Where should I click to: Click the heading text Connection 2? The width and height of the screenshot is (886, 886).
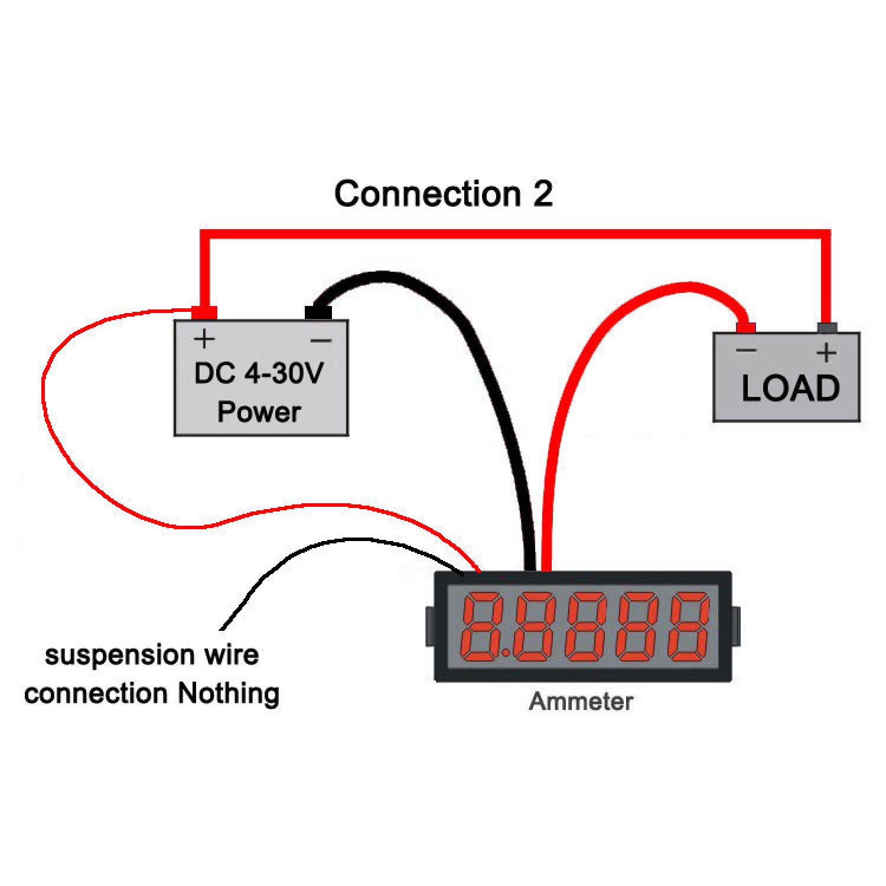pos(443,194)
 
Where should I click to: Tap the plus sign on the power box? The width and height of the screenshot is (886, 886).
pos(204,339)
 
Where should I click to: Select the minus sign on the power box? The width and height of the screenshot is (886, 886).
pos(321,340)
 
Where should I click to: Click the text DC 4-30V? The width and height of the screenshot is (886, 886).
pos(259,373)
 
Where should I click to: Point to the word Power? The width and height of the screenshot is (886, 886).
pos(259,412)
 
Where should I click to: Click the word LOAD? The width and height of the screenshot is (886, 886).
pos(790,389)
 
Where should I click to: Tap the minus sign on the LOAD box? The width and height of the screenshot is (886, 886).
pos(746,350)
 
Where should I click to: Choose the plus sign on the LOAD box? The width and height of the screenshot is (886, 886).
pos(826,353)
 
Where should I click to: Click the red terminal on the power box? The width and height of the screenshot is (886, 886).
pos(204,312)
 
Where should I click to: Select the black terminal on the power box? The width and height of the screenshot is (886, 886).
pos(318,312)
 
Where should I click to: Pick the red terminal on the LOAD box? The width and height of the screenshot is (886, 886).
pos(746,327)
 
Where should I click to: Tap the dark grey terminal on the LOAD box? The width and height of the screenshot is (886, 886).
pos(827,328)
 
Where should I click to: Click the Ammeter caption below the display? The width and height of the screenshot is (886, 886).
pos(581,702)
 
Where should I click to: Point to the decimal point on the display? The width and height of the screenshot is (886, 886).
pos(506,653)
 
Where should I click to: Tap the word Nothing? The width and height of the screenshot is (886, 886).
pos(229,693)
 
